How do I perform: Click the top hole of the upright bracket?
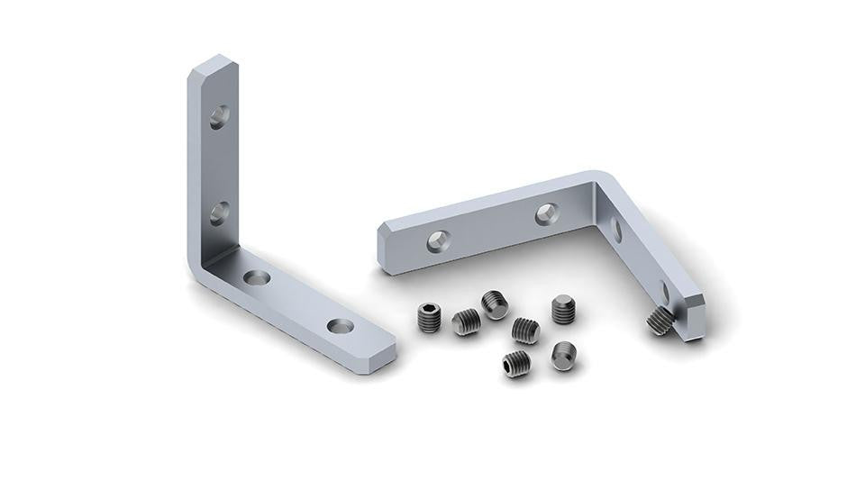click(x=219, y=116)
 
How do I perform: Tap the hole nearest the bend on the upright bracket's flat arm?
click(x=259, y=277)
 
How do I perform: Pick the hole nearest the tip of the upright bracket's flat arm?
click(x=341, y=325)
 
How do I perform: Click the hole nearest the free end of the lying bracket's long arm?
click(x=437, y=239)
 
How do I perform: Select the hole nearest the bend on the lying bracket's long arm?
click(x=546, y=213)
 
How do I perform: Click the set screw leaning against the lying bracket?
click(x=660, y=320)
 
